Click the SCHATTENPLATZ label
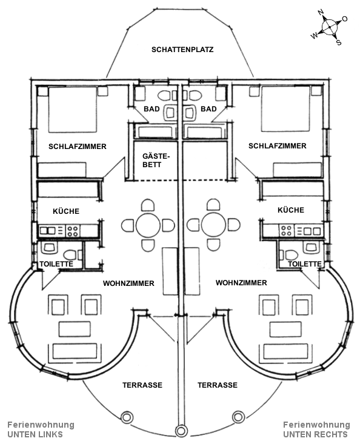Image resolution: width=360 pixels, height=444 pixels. (182, 50)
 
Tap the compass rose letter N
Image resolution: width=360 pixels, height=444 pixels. (321, 12)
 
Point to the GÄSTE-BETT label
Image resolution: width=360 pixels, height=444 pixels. (153, 161)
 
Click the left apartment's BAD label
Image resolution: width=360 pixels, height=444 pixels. (152, 109)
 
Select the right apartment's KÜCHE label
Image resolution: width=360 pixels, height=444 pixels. (291, 210)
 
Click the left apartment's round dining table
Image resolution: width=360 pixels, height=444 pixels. (148, 225)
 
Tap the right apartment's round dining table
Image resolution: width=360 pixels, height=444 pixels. (213, 225)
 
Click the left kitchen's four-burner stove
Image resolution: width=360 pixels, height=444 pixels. (73, 231)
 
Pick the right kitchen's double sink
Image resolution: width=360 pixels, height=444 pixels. (308, 231)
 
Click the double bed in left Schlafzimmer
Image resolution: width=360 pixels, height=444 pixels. (73, 110)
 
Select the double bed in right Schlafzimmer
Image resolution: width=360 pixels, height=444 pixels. (285, 109)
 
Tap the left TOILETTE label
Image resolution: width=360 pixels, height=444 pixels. (56, 264)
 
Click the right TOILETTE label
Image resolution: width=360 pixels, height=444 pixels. (305, 264)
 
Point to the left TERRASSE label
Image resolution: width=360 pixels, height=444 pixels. (142, 385)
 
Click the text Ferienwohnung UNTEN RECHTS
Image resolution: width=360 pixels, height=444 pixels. (316, 429)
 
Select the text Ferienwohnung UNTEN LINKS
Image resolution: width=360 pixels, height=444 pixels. (41, 429)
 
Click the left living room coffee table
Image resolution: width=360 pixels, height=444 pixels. (75, 329)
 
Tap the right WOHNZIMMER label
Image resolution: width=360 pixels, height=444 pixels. (241, 283)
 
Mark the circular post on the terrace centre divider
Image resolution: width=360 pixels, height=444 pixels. (181, 431)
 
